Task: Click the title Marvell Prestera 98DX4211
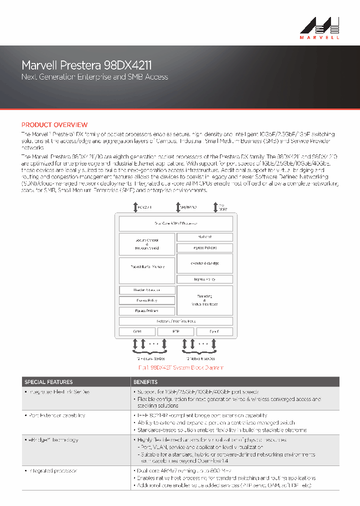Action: tap(86, 65)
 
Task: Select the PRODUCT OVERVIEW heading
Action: tap(54, 124)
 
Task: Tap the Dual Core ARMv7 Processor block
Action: tap(175, 223)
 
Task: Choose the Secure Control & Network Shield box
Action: tap(147, 244)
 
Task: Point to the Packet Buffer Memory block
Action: tap(147, 270)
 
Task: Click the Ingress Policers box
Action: tap(204, 248)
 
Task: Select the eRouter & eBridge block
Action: tap(204, 263)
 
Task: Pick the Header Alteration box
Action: tap(147, 290)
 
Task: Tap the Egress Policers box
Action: tap(147, 311)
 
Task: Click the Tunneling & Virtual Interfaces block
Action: tap(204, 300)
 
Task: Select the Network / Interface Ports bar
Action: tap(175, 321)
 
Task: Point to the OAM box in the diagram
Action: tap(136, 331)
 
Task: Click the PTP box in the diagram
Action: tap(175, 331)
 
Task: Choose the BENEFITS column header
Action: tap(145, 381)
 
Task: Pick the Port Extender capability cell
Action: tap(56, 415)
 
